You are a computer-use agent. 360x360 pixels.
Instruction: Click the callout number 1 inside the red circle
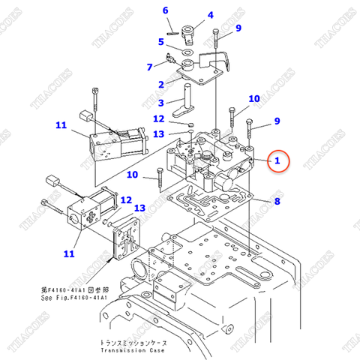[x=277, y=160]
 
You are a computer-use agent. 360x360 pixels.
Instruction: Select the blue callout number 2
[x=160, y=84]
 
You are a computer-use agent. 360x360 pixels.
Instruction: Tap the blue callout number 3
[x=160, y=102]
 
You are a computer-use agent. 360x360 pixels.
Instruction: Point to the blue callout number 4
[x=210, y=15]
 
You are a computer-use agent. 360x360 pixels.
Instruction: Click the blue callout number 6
[x=166, y=10]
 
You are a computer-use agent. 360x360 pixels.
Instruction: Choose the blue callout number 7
[x=149, y=67]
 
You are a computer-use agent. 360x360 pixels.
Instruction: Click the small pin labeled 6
[x=172, y=31]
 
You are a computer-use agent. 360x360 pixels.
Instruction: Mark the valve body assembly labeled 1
[x=210, y=161]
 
